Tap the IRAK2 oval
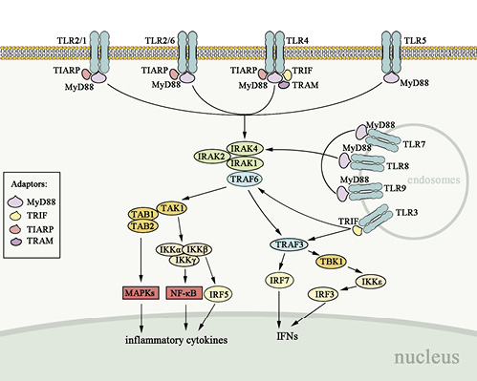coord(212,155)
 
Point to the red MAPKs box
coord(141,292)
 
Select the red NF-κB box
coord(185,292)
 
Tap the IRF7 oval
coord(279,278)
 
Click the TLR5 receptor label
coord(416,41)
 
